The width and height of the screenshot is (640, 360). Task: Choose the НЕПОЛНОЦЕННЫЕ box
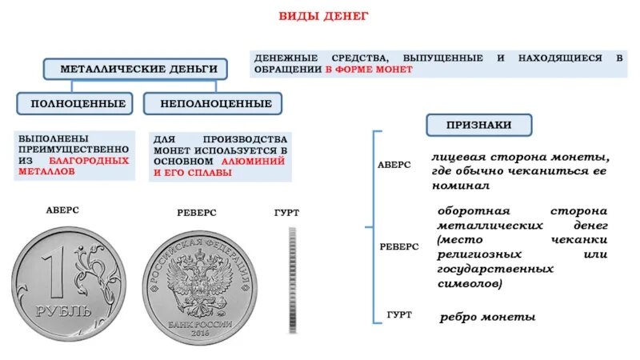coord(216,104)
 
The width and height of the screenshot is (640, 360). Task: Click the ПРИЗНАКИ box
coord(479,125)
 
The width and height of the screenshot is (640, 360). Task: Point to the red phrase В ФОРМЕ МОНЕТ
coord(369,70)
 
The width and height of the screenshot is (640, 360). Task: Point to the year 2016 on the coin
coord(201,331)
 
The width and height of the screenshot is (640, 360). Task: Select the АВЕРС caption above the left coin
coord(62,210)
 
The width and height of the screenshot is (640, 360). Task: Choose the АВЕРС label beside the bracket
coord(394,164)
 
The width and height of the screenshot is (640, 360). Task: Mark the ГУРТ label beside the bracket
coord(398,315)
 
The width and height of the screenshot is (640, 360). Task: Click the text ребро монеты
coord(487,318)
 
